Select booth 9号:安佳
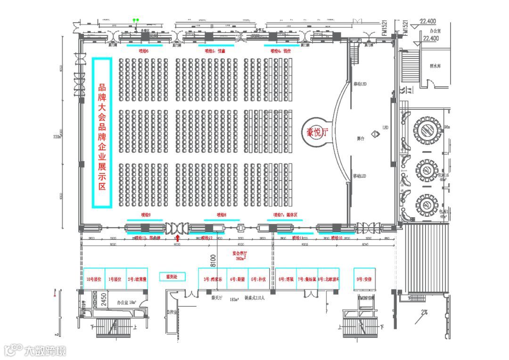tap(364, 279)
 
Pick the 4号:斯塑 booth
tap(237, 279)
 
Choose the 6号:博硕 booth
tap(286, 279)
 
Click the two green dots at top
tap(136, 20)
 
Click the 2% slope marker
tap(424, 311)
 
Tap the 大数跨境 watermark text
tap(45, 351)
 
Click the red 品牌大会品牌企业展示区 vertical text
tap(102, 133)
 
